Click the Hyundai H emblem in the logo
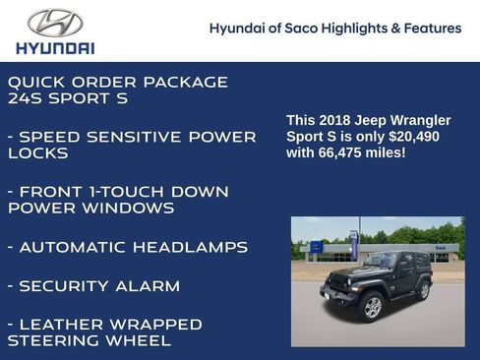[x=55, y=24]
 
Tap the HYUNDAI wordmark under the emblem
[x=55, y=47]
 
